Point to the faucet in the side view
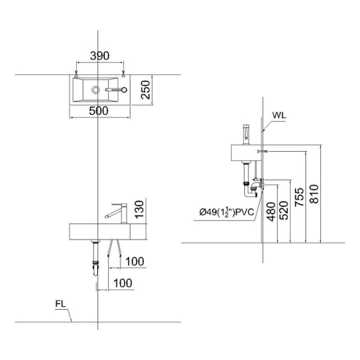coord(245,133)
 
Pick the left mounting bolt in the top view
coord(77,74)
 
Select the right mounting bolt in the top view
coord(122,74)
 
